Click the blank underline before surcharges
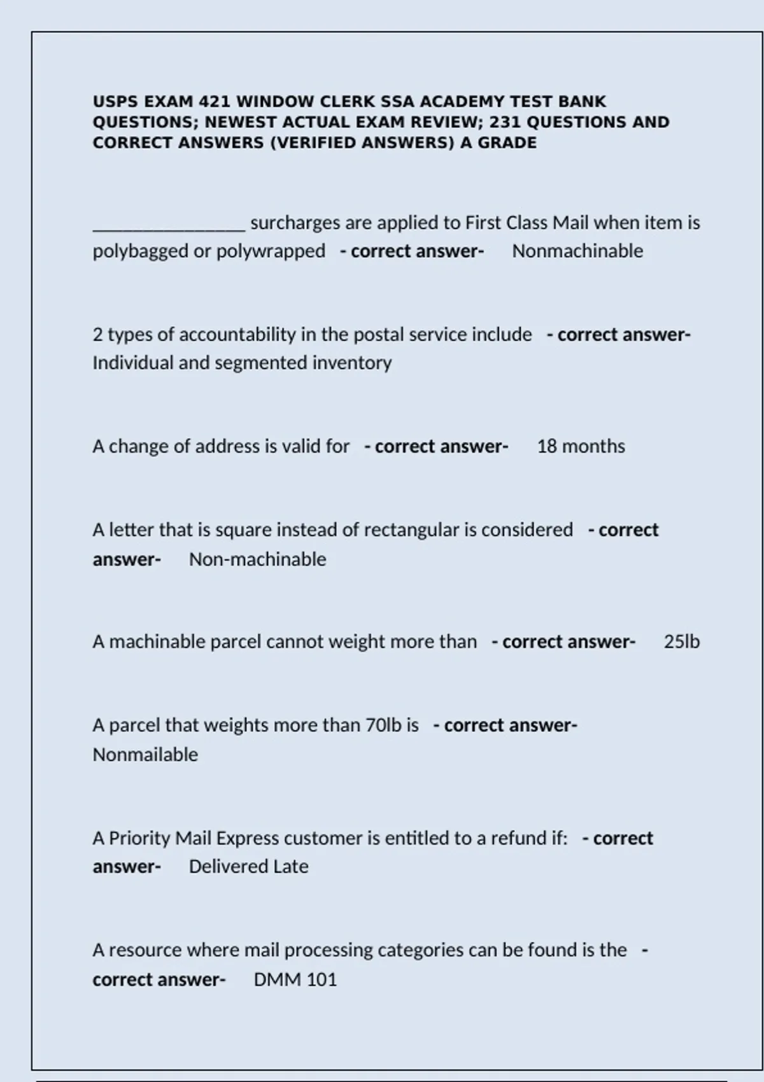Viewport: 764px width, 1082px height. pyautogui.click(x=169, y=226)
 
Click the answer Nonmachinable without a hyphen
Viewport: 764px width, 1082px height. pyautogui.click(x=577, y=251)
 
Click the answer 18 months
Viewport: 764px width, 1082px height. pyautogui.click(x=581, y=446)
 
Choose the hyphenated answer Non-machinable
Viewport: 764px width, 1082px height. pyautogui.click(x=257, y=559)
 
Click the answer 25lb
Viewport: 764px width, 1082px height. pyautogui.click(x=681, y=642)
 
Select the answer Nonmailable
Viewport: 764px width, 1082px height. pyautogui.click(x=145, y=755)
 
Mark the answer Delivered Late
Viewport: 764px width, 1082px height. pyautogui.click(x=248, y=867)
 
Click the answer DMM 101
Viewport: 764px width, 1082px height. pyautogui.click(x=295, y=980)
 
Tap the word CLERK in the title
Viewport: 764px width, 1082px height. pyautogui.click(x=347, y=102)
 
